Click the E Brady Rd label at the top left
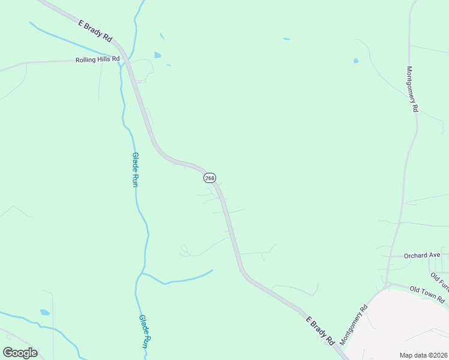[95, 31]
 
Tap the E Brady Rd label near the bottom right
[319, 331]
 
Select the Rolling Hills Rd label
[97, 59]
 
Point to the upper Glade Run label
[135, 169]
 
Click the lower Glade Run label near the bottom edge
[144, 331]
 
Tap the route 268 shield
[209, 178]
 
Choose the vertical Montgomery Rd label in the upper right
[412, 89]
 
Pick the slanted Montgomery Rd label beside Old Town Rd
[354, 326]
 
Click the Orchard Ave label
[422, 255]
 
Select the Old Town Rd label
[427, 295]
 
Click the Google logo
[20, 353]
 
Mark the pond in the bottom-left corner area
[44, 313]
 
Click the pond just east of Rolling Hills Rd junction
[157, 55]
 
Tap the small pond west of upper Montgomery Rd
[356, 61]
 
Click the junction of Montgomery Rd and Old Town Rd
[387, 283]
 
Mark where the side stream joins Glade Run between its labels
[141, 274]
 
